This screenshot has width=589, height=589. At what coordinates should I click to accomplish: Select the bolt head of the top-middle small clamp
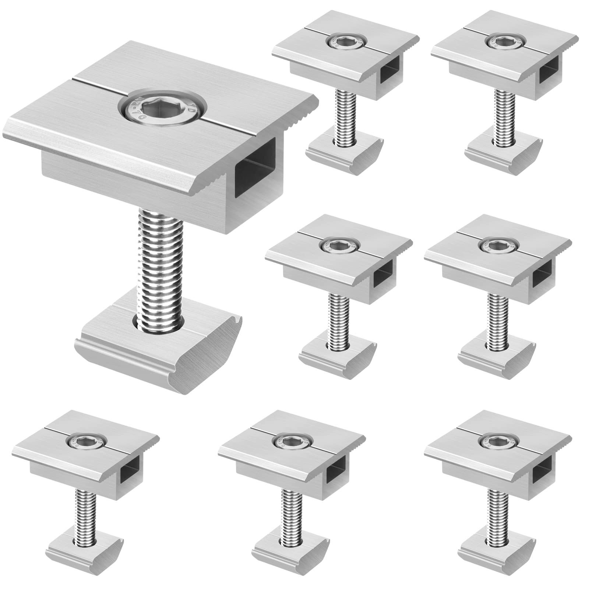tap(346, 42)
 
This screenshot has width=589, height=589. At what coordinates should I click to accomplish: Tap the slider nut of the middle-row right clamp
tap(495, 353)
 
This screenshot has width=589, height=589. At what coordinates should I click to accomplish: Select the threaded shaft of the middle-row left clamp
tap(337, 317)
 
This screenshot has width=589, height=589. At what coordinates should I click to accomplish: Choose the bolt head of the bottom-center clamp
tap(291, 440)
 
